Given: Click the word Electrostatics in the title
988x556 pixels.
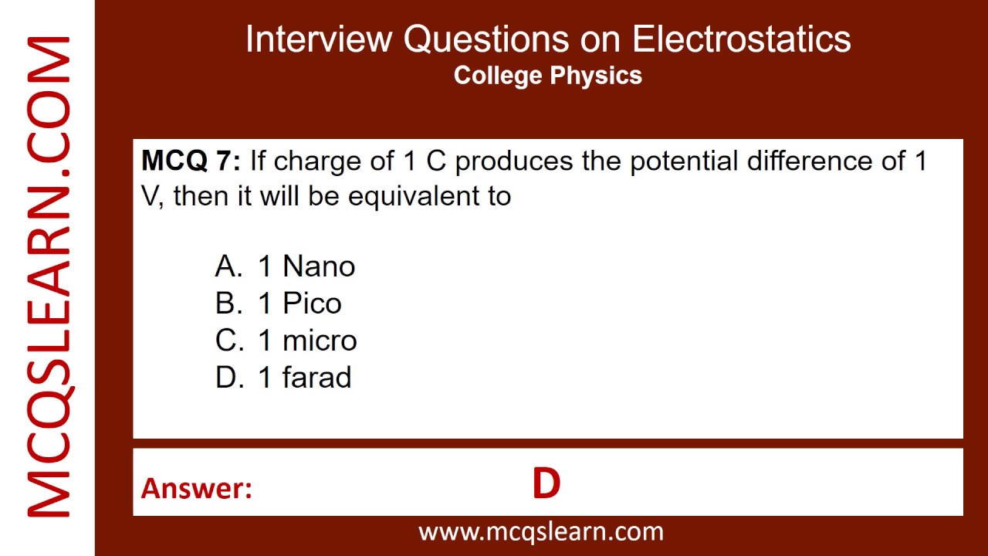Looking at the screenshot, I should pos(742,39).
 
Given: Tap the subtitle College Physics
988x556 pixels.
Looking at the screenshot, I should pos(548,76).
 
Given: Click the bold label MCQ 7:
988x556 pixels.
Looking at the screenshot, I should pos(191,161).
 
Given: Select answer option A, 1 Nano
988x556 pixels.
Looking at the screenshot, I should pos(285,266).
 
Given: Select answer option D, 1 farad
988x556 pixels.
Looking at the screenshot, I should pos(283,378).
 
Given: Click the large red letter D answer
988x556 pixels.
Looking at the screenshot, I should pos(546,484).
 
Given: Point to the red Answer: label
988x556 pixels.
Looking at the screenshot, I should pos(197,488).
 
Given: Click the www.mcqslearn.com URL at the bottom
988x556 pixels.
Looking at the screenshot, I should pos(541,531).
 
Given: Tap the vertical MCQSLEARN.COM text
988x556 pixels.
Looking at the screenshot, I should pos(49,277).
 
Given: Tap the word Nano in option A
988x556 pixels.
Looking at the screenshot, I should pos(319,266).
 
